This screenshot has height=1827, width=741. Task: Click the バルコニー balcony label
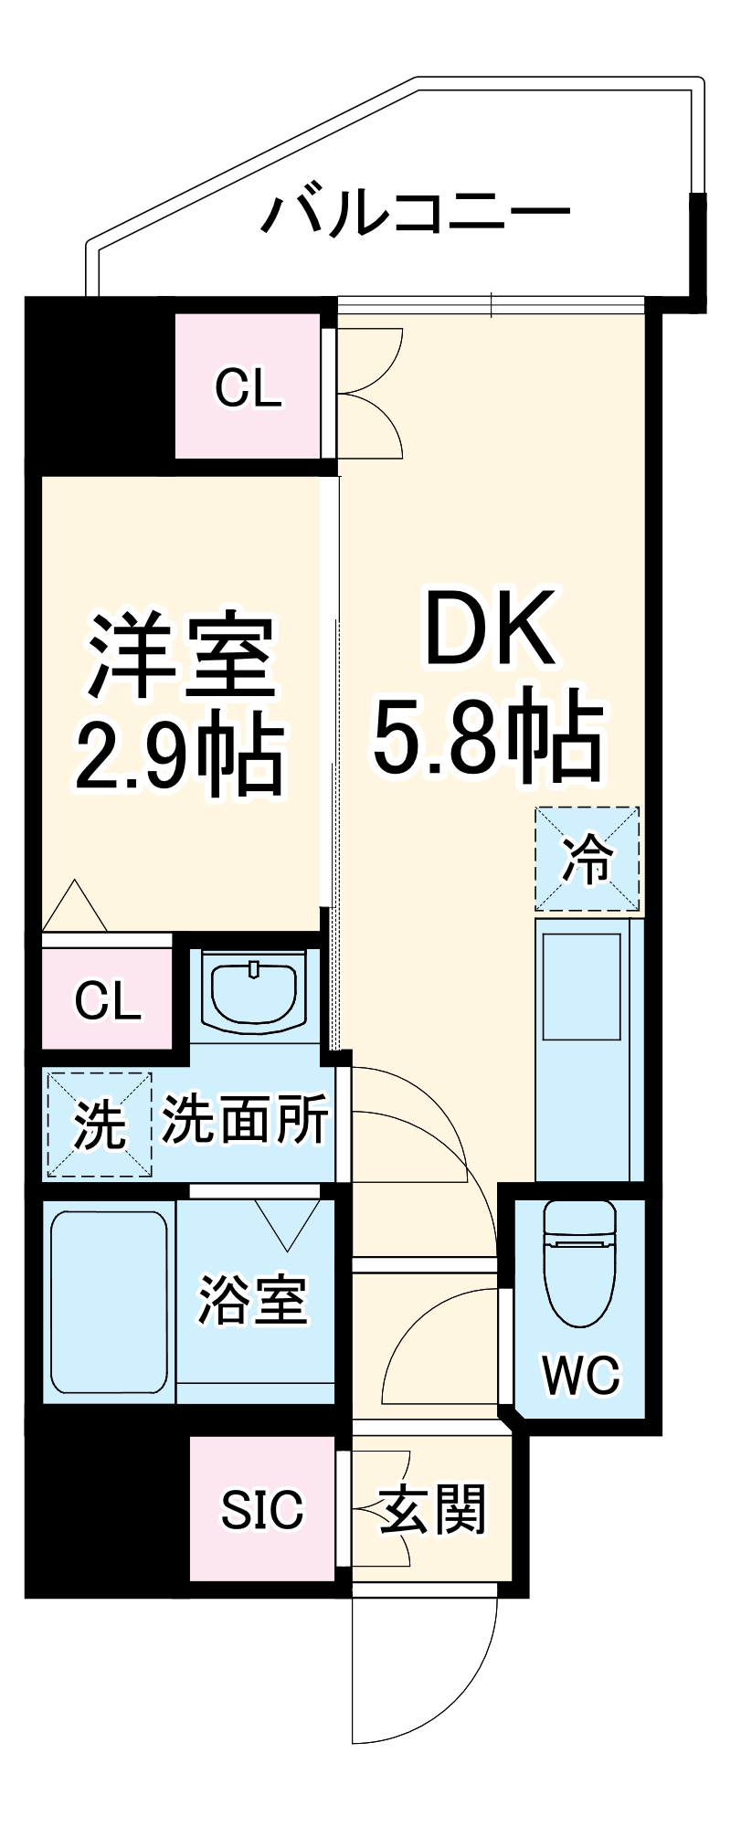click(416, 213)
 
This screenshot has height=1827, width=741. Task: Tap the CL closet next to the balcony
click(248, 387)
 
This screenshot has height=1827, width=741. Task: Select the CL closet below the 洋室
click(108, 1000)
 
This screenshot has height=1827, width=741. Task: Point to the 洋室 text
click(182, 657)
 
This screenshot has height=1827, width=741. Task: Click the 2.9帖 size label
click(179, 755)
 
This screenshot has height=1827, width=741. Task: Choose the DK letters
click(491, 629)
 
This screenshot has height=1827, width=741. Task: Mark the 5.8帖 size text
click(488, 738)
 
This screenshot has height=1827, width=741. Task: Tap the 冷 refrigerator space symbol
click(587, 859)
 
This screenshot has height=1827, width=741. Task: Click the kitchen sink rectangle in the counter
click(581, 987)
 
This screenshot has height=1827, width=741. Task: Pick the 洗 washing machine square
click(99, 1125)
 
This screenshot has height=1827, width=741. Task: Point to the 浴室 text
click(253, 1300)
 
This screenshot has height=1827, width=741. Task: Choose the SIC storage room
click(261, 1510)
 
